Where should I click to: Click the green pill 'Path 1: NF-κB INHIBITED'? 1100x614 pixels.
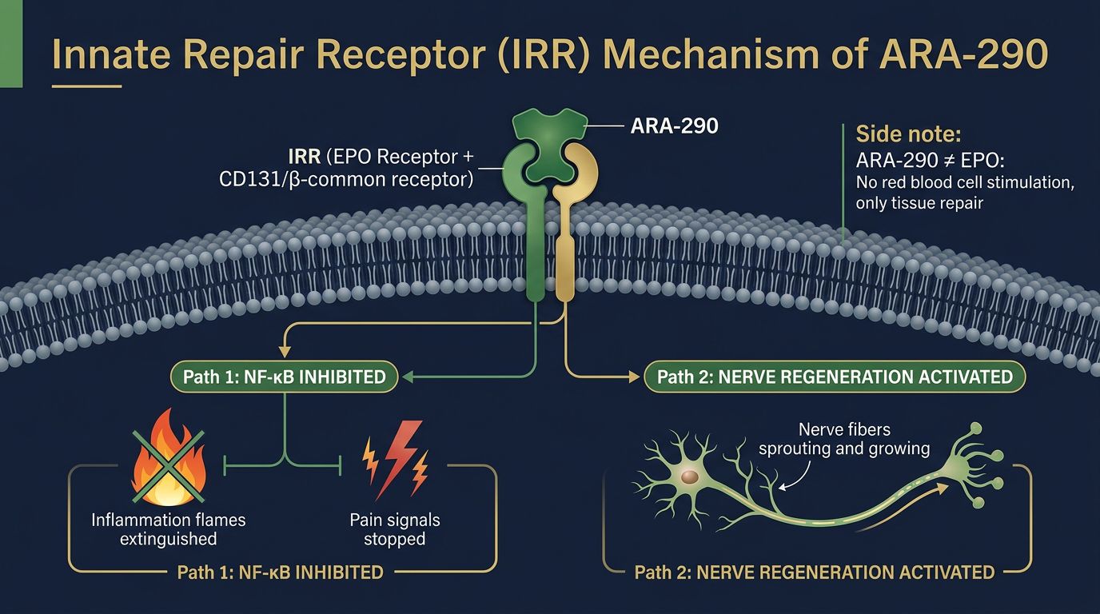[285, 377]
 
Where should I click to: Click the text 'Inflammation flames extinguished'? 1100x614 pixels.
[169, 528]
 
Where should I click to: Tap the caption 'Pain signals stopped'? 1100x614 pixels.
[394, 528]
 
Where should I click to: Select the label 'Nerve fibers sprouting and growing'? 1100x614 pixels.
[844, 439]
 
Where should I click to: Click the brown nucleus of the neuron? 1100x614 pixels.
[690, 477]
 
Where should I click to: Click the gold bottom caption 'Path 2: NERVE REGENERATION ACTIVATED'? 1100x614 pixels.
[814, 572]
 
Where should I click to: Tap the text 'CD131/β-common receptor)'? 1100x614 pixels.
[345, 179]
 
